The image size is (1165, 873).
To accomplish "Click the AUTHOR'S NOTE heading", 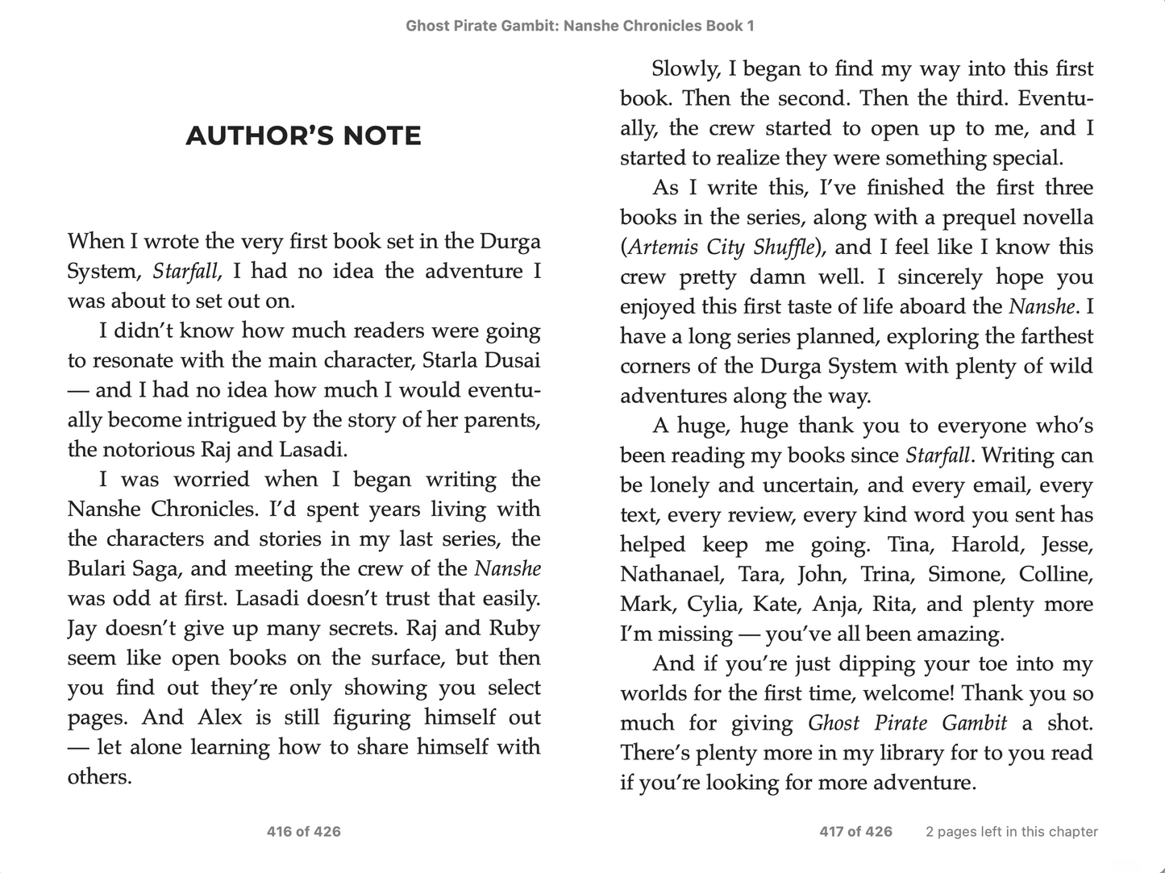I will (x=303, y=135).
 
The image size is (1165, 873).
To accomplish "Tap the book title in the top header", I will (x=580, y=26).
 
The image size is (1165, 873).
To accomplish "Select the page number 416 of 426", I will (x=303, y=831).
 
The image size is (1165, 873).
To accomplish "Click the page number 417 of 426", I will (x=855, y=831).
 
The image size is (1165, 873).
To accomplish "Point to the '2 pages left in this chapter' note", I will (x=1011, y=831).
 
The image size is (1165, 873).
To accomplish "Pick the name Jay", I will (x=81, y=628).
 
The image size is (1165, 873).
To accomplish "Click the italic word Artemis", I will (x=663, y=247).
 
